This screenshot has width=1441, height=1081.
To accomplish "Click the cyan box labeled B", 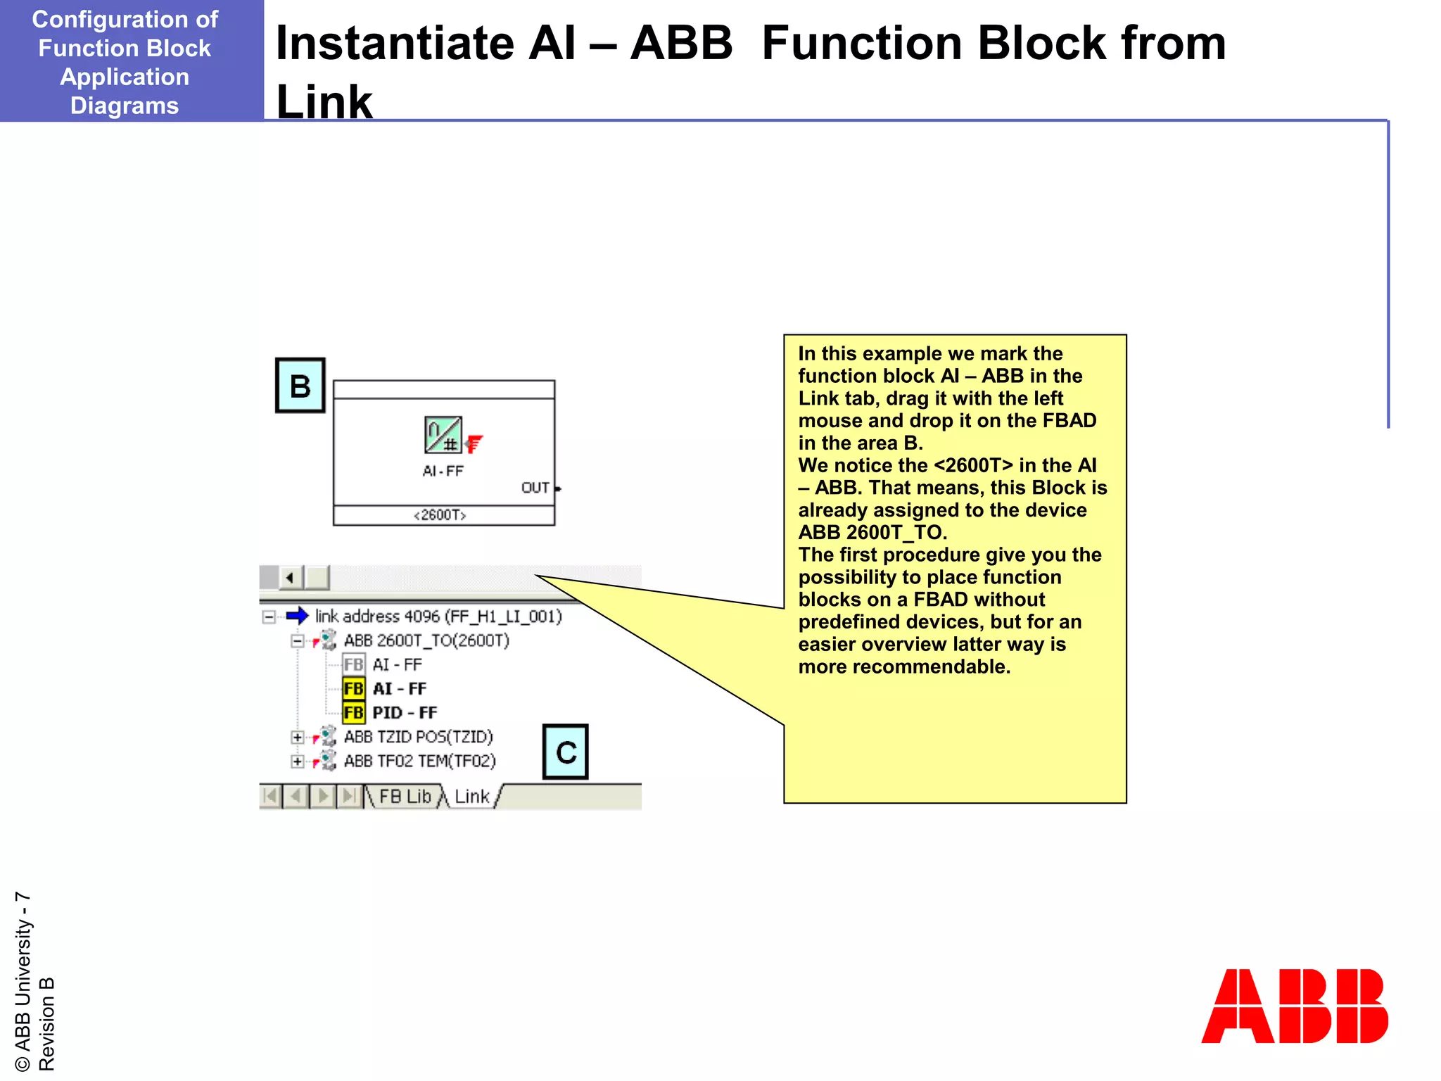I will (300, 386).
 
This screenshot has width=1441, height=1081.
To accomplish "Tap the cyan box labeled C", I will (565, 752).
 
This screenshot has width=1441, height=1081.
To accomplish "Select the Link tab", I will (471, 797).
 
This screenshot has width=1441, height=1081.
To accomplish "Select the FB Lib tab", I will (405, 797).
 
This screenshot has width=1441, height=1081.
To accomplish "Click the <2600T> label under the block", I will (440, 515).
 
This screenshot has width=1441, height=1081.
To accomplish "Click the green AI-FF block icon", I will (443, 435).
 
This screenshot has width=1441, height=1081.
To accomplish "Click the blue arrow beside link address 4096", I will (297, 616).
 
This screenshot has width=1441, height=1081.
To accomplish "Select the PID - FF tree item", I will (404, 713).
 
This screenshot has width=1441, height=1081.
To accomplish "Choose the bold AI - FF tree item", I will (399, 689).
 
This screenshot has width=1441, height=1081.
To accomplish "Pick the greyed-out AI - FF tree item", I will (397, 664).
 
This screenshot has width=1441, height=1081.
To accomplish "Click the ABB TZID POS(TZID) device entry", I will (418, 737).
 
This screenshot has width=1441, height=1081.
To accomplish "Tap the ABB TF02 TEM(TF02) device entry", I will (419, 761).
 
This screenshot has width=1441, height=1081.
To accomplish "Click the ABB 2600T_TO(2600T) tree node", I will (426, 640).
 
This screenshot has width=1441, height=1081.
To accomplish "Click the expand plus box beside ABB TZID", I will (297, 738).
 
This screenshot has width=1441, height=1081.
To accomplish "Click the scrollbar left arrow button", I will (290, 578).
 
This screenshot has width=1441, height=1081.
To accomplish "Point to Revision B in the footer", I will (46, 1024).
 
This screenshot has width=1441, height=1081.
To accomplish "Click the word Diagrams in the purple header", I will (125, 106).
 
